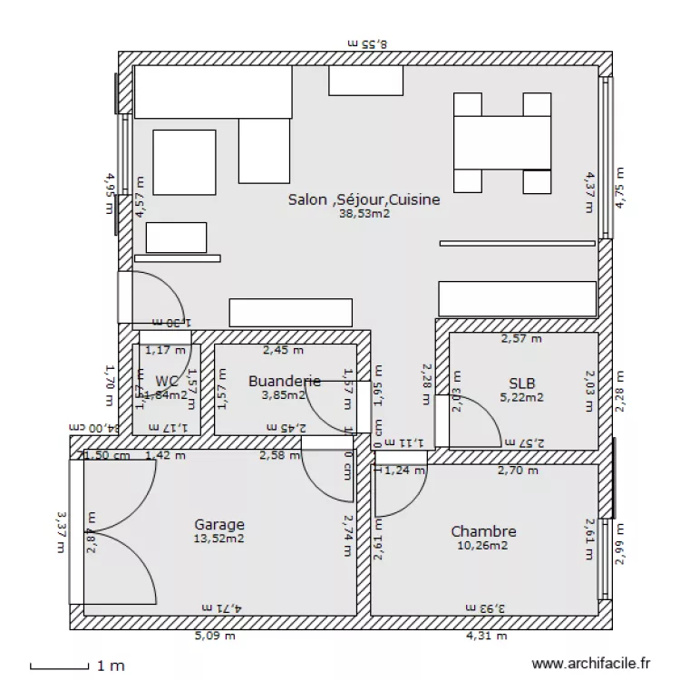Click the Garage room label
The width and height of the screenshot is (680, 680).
click(x=219, y=524)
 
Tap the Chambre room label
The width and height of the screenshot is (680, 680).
click(x=483, y=531)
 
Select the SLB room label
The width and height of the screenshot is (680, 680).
click(x=521, y=382)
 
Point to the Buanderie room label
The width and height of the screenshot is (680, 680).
click(x=284, y=381)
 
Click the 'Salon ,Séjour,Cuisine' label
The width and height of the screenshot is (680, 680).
click(x=364, y=199)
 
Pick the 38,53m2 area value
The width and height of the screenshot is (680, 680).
click(x=364, y=215)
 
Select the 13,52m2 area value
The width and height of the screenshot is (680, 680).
click(x=219, y=539)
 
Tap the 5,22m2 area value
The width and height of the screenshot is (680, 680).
click(x=521, y=396)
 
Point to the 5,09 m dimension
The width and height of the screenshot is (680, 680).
click(x=215, y=636)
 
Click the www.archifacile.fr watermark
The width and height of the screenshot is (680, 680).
click(x=591, y=665)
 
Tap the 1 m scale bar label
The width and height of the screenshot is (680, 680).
click(x=111, y=666)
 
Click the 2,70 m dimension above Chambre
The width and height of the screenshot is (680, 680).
click(x=519, y=471)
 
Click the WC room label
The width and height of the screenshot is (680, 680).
click(x=167, y=381)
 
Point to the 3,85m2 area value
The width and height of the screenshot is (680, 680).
click(x=280, y=395)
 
